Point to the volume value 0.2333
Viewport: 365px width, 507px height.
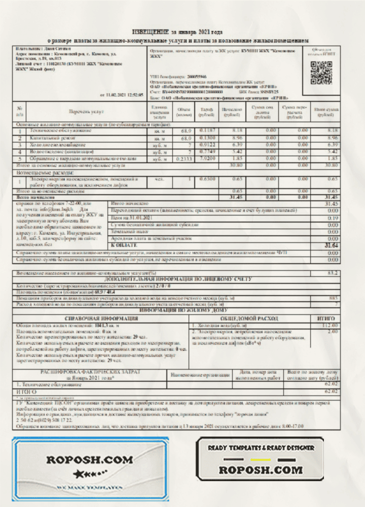[182, 158]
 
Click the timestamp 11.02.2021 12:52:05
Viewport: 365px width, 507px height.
[123, 95]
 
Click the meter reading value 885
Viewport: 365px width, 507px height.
[333, 298]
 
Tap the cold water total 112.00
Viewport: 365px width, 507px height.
[330, 325]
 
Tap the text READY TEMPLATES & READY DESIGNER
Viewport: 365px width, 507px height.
[260, 448]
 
